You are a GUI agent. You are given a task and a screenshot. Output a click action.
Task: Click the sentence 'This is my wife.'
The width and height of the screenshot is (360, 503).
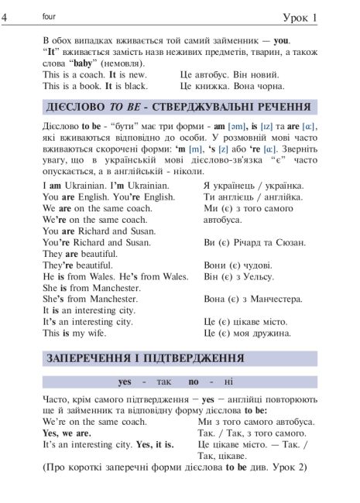76,333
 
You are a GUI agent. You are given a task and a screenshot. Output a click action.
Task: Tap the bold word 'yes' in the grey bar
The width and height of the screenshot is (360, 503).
125,382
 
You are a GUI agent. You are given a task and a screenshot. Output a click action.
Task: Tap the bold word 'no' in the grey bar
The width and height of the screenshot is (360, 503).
194,382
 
